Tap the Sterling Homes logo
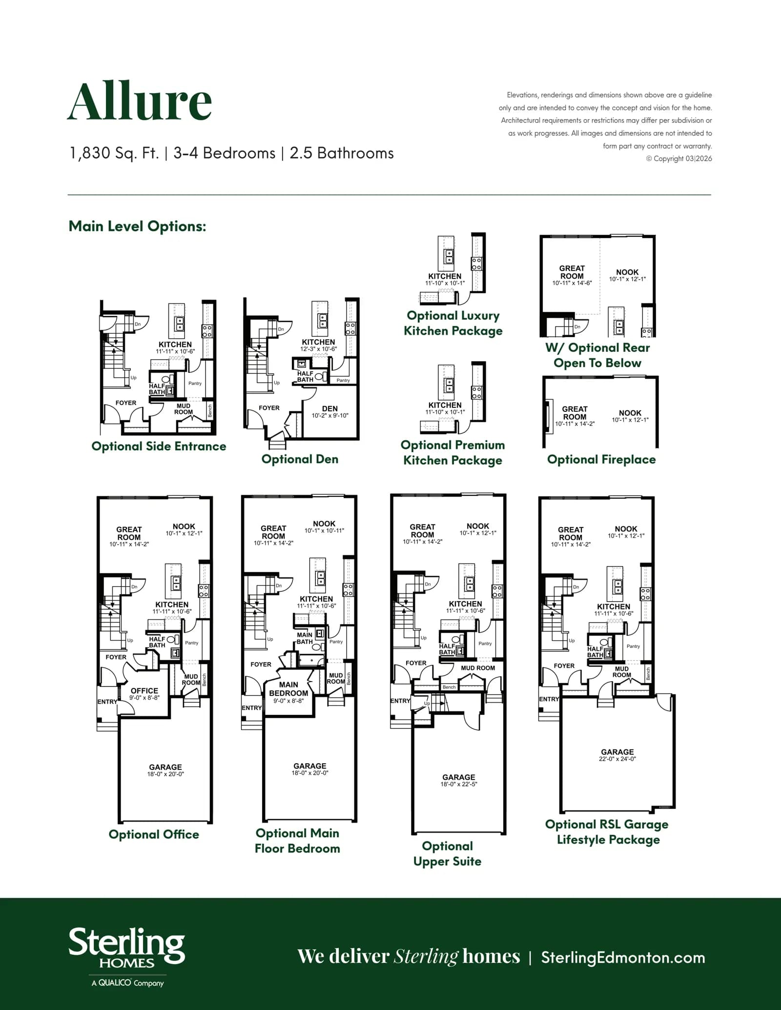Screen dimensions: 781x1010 coord(127,957)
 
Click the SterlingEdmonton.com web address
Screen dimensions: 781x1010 coord(623,957)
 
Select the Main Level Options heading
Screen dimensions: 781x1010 coord(137,226)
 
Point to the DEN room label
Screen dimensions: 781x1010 coord(330,408)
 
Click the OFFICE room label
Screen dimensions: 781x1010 coord(144,690)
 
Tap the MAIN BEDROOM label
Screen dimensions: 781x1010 coord(288,688)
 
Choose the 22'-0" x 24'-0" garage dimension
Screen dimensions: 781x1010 coord(617,759)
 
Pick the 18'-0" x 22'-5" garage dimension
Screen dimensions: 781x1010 coord(459,784)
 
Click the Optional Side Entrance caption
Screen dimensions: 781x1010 coord(159,446)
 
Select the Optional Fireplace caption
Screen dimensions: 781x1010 coord(601,459)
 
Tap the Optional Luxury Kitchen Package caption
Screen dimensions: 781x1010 coord(453,323)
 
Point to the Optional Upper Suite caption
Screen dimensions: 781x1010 coord(447,853)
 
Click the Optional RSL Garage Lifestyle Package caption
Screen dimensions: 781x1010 coord(607,831)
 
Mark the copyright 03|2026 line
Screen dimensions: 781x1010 coord(679,159)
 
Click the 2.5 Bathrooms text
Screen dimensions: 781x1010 coord(342,153)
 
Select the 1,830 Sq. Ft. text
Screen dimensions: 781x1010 coord(114,153)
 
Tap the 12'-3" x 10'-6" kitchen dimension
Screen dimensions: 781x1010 coord(318,349)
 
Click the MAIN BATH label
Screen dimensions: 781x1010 coord(305,638)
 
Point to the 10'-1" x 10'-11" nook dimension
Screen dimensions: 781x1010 coord(324,530)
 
